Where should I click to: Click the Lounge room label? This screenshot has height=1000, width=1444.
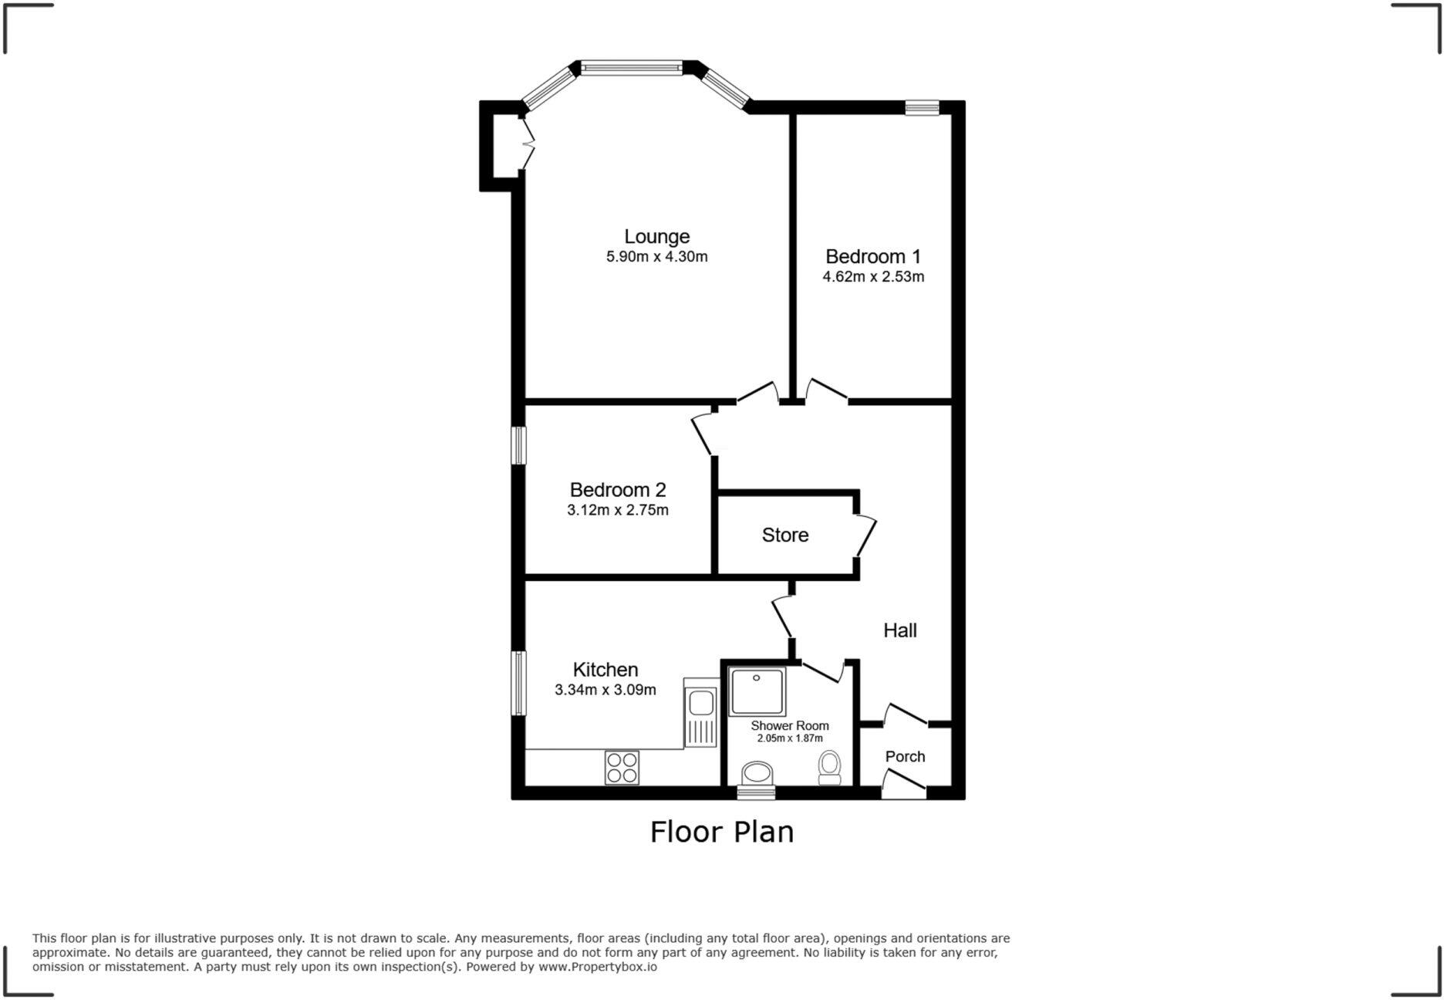pyautogui.click(x=656, y=236)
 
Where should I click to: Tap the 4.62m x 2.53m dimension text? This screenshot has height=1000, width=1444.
pyautogui.click(x=873, y=276)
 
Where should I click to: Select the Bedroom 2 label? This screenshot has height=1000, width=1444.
pyautogui.click(x=617, y=489)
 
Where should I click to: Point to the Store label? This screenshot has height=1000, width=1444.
pyautogui.click(x=784, y=535)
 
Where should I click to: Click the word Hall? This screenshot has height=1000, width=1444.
pyautogui.click(x=899, y=630)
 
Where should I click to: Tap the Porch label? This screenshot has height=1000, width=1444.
pyautogui.click(x=905, y=756)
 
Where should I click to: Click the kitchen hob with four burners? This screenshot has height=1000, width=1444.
pyautogui.click(x=622, y=767)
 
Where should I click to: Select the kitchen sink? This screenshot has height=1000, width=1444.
pyautogui.click(x=701, y=704)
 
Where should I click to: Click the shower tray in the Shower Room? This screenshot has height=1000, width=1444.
pyautogui.click(x=757, y=691)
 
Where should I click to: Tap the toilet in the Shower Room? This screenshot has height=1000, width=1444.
pyautogui.click(x=830, y=767)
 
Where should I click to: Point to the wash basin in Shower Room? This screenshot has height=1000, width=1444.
pyautogui.click(x=757, y=772)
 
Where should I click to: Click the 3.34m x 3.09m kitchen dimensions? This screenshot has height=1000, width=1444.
pyautogui.click(x=605, y=690)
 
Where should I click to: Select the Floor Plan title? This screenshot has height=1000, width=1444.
pyautogui.click(x=721, y=832)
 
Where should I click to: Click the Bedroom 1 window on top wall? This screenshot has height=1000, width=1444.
pyautogui.click(x=922, y=107)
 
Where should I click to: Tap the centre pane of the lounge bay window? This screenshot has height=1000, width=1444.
pyautogui.click(x=631, y=68)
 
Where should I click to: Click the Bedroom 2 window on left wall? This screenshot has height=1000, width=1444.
pyautogui.click(x=520, y=445)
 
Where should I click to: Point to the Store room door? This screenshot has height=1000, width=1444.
pyautogui.click(x=865, y=535)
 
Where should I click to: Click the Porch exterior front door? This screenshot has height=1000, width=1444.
pyautogui.click(x=903, y=786)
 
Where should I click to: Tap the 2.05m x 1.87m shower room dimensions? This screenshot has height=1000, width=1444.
pyautogui.click(x=790, y=738)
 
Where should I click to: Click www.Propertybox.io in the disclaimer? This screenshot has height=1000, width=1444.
pyautogui.click(x=598, y=967)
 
